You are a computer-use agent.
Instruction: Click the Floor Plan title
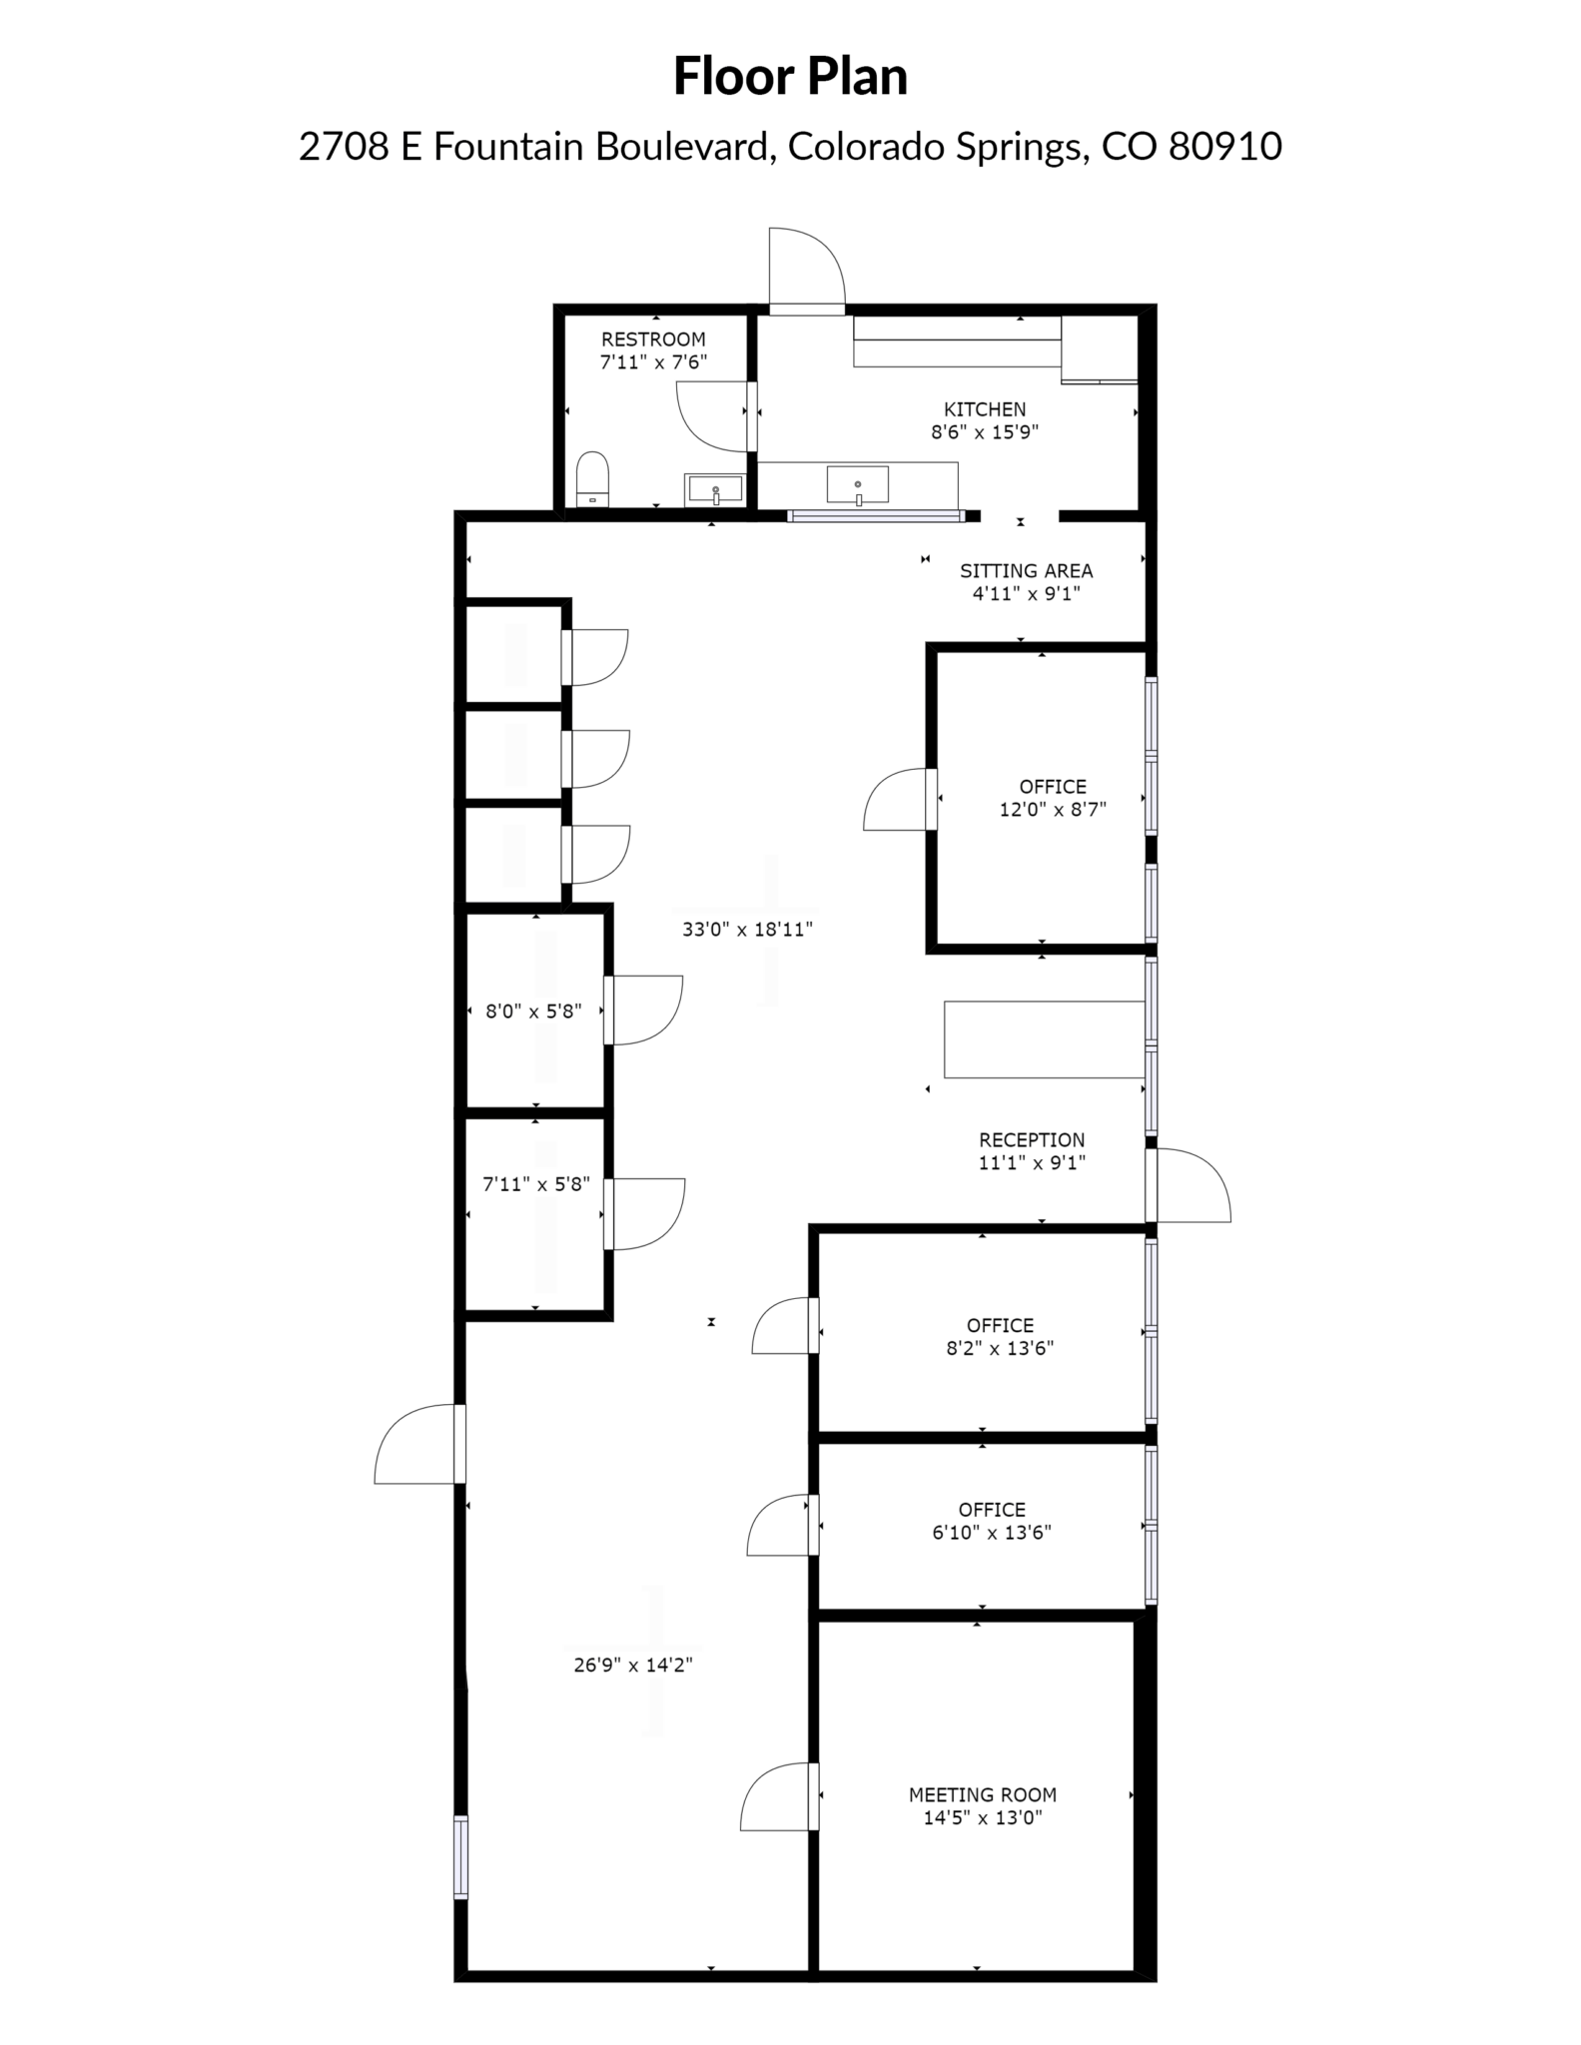[x=790, y=77]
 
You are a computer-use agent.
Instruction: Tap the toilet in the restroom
[x=593, y=479]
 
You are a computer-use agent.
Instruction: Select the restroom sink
[x=715, y=488]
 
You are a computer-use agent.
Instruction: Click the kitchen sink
[x=857, y=485]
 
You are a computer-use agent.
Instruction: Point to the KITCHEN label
[x=985, y=409]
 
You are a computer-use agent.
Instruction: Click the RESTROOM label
[x=653, y=340]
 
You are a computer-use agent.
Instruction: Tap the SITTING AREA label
[x=1027, y=571]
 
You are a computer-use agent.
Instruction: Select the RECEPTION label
[x=1032, y=1140]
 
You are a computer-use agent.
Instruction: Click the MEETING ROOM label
[x=983, y=1794]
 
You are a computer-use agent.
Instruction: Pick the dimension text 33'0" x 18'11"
[x=747, y=930]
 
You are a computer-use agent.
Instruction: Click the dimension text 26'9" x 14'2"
[x=633, y=1665]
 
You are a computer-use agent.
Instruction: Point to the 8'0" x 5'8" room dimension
[x=533, y=1012]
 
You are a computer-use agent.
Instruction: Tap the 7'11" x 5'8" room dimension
[x=536, y=1184]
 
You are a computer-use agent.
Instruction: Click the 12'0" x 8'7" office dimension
[x=1053, y=810]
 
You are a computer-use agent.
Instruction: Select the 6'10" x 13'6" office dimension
[x=992, y=1533]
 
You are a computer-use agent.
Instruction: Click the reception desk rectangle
[x=1044, y=1039]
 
